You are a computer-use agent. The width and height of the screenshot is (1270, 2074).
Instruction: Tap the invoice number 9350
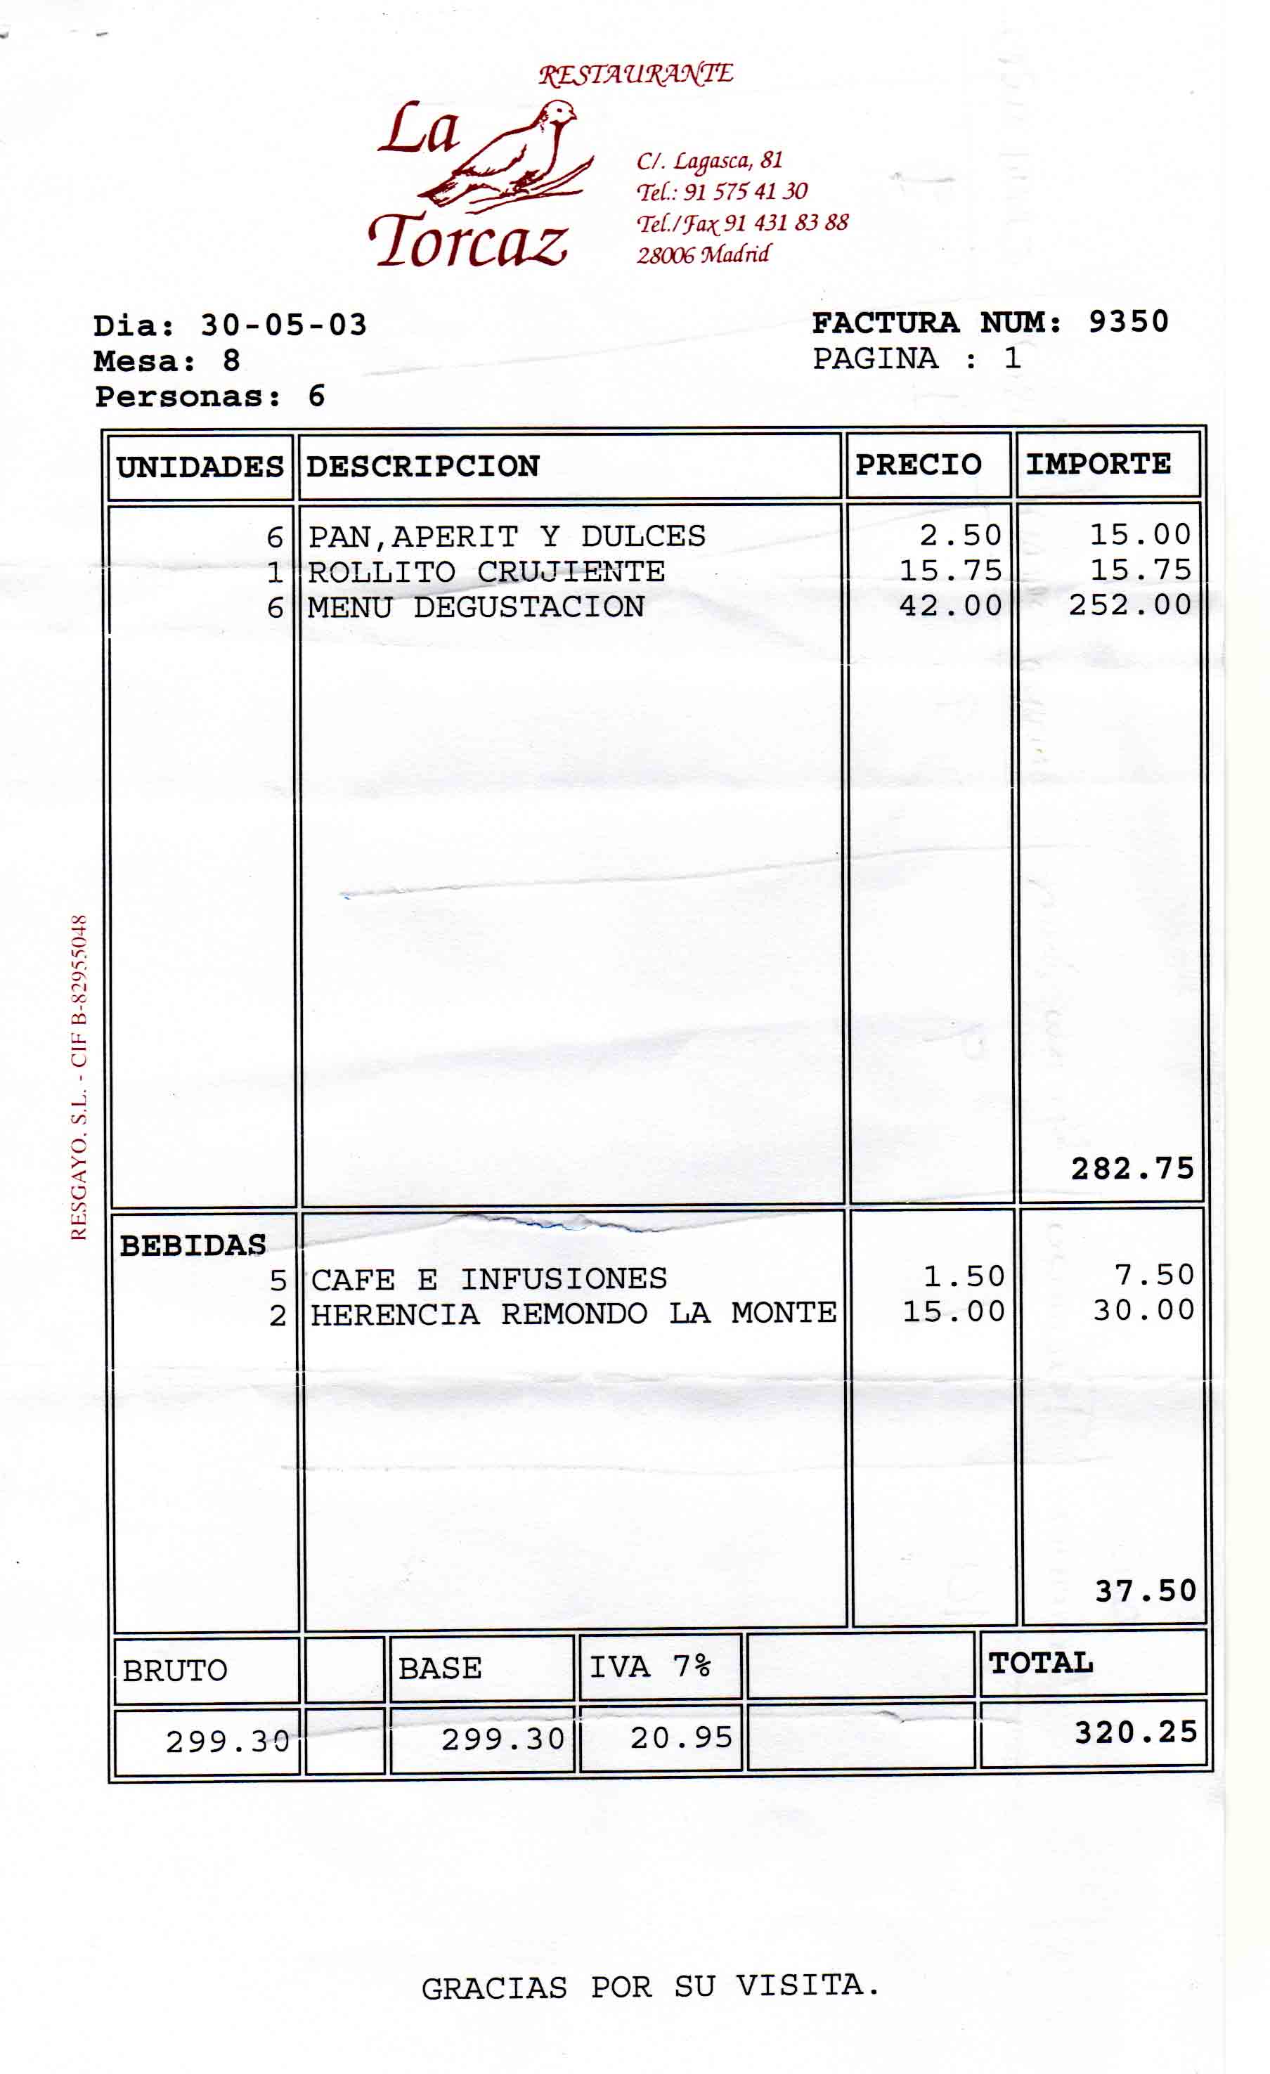point(1128,322)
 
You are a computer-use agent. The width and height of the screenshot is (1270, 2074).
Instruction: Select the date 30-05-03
point(284,325)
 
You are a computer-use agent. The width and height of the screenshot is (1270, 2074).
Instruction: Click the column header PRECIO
point(918,465)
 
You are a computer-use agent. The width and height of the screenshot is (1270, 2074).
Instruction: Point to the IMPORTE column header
point(1098,464)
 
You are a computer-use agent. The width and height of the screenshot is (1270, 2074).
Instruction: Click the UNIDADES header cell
point(200,467)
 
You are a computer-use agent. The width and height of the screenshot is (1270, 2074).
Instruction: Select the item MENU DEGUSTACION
point(476,607)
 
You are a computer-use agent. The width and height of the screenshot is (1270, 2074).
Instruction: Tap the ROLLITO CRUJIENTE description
point(486,571)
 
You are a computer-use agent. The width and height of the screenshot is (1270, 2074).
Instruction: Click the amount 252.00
point(1129,604)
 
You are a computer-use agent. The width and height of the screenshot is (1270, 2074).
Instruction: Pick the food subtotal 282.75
point(1132,1168)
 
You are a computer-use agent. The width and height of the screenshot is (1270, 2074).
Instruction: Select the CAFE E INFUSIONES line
point(488,1279)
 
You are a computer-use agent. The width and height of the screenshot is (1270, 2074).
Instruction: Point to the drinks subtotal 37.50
point(1146,1591)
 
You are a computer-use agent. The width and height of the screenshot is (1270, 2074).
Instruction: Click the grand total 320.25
point(1135,1732)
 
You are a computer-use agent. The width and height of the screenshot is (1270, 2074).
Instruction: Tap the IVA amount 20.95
point(682,1737)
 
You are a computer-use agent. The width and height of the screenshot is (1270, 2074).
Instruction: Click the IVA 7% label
point(649,1666)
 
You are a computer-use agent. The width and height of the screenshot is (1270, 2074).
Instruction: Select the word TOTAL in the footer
point(1041,1664)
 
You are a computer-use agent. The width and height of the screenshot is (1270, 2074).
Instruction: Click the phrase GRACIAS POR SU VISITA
point(649,1988)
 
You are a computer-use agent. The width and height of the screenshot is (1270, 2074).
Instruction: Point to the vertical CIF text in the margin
point(78,1077)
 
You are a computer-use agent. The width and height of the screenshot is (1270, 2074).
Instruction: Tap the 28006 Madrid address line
point(703,254)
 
